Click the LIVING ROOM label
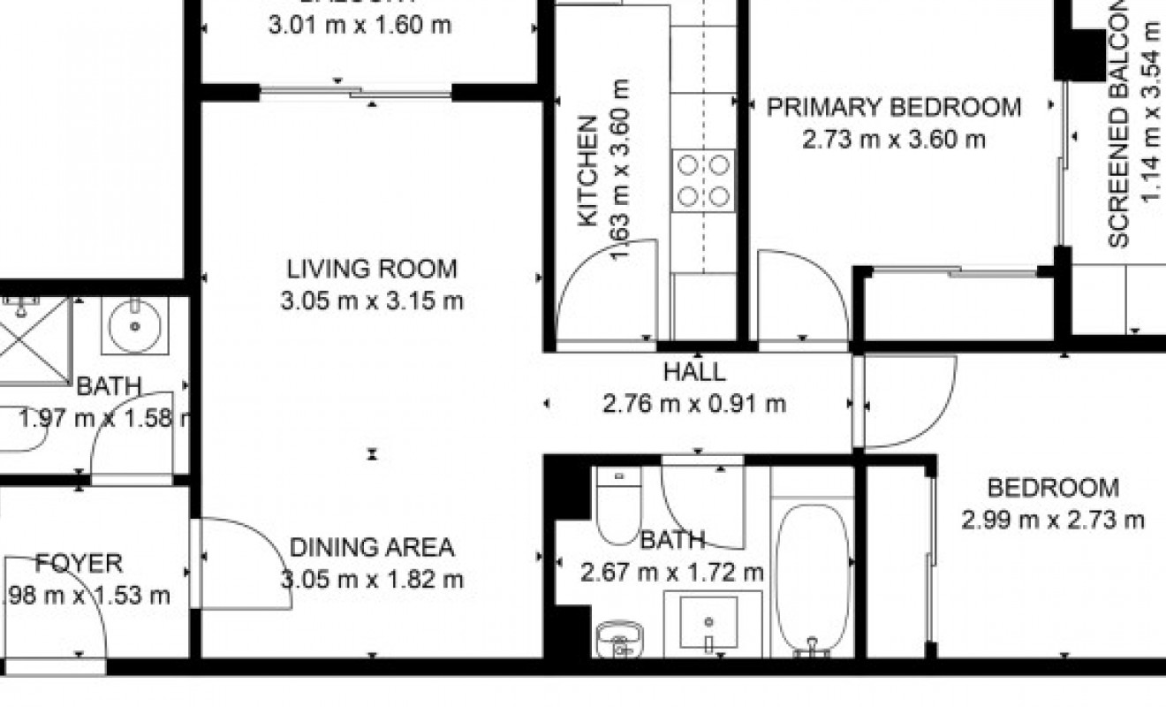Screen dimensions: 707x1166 coord(372,268)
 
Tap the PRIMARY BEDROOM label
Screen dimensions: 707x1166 coord(893,108)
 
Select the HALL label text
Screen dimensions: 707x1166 coord(693,373)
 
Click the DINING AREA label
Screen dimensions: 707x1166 coord(372,548)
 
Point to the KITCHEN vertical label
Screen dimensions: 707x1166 coord(588,172)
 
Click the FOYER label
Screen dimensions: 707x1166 coord(79,563)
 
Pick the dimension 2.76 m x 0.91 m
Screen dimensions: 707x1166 coord(693,405)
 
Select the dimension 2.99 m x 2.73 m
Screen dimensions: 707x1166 coord(1052,520)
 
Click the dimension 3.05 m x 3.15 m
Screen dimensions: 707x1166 coord(372,301)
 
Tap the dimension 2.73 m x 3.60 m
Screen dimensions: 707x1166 coord(893,140)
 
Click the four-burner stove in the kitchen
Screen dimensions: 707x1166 coord(703,181)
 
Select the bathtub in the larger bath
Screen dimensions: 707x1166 coord(812,579)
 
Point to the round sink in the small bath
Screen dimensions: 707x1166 coord(134,325)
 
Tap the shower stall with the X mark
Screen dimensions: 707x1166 coord(34,340)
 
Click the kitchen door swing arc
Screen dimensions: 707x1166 coord(609,287)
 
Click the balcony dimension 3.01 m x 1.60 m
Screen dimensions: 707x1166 coord(360,24)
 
